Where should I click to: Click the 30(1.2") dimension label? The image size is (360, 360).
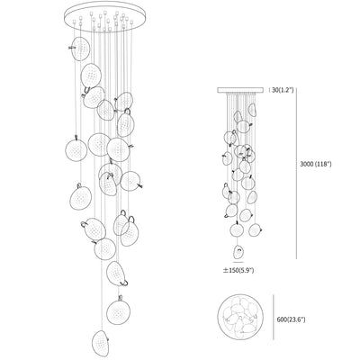click(282, 89)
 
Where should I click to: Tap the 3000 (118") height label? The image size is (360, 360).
click(316, 164)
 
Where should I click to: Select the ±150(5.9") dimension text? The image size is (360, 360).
click(238, 270)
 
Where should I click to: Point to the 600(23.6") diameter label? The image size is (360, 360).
click(291, 319)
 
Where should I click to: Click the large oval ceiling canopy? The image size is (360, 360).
click(105, 17)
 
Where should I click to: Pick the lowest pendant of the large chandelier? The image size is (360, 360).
click(100, 344)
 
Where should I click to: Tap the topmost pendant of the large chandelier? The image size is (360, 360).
click(80, 49)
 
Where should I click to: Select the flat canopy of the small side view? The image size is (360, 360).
click(240, 90)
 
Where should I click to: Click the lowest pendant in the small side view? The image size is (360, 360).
click(238, 252)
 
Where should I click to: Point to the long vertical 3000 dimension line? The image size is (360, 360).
click(297, 173)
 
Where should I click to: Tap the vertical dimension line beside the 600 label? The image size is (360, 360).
click(274, 318)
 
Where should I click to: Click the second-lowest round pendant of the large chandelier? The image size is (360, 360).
click(118, 311)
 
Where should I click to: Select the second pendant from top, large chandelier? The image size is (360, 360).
click(90, 76)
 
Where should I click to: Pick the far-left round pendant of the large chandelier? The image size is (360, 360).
click(76, 150)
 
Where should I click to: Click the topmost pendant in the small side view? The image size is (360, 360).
click(252, 110)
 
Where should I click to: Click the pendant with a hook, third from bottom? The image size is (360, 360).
click(117, 274)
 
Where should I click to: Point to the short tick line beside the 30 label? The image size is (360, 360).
click(268, 89)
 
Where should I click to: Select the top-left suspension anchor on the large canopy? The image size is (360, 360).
click(75, 22)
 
